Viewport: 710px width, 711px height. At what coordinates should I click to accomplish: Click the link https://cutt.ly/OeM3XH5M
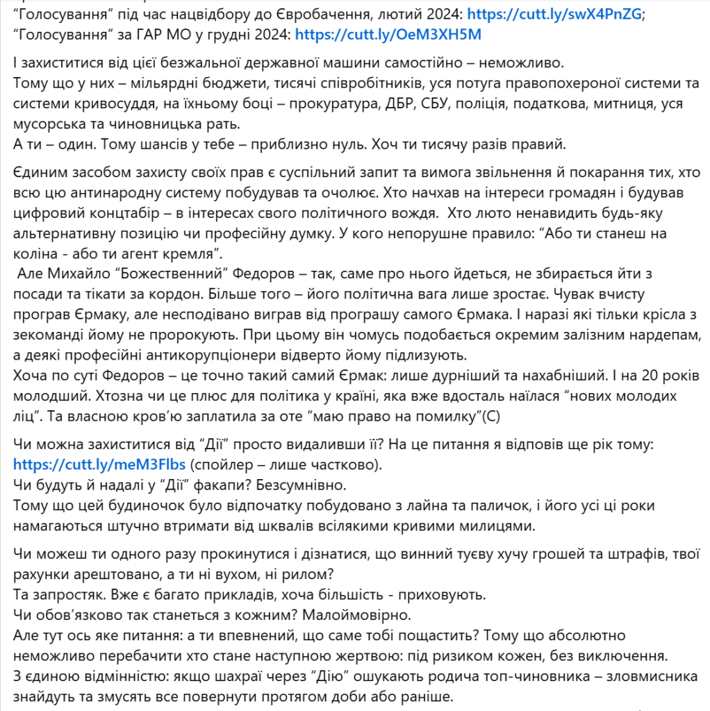(x=388, y=33)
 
